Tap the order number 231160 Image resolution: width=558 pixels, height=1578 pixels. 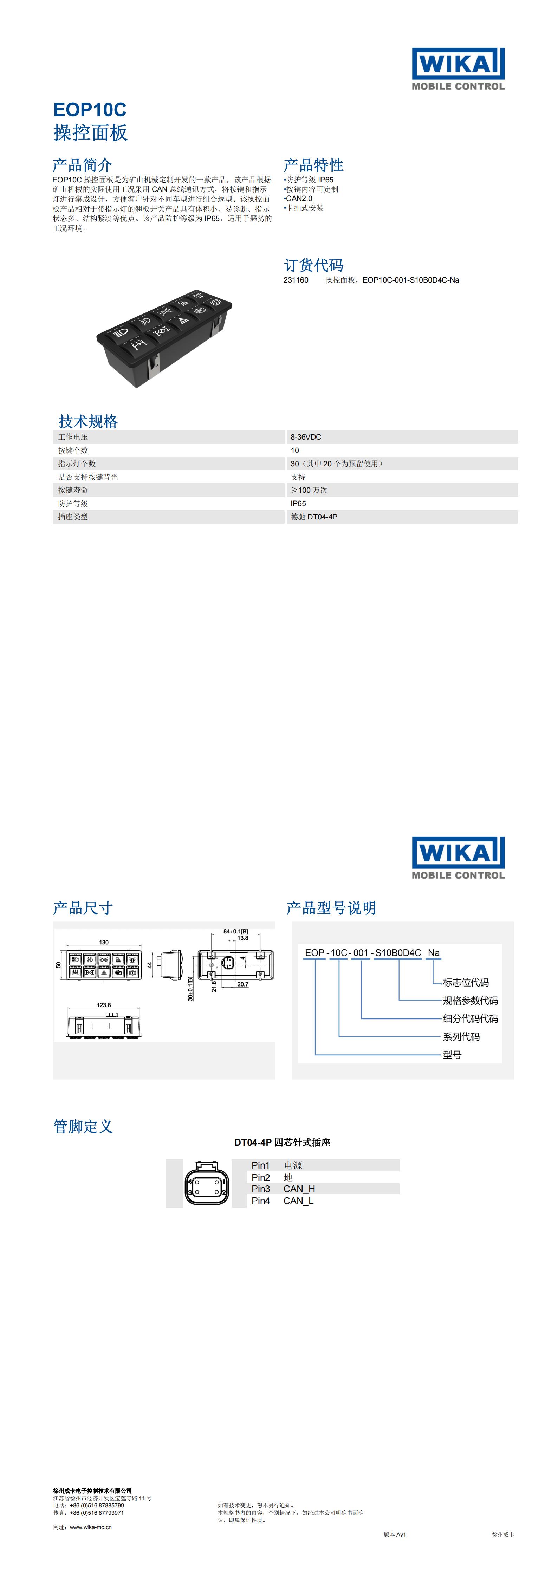pos(296,280)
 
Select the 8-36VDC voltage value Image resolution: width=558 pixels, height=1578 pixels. pos(306,437)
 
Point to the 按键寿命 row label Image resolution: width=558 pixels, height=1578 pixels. pos(73,490)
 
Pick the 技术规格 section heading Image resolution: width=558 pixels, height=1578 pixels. pos(88,421)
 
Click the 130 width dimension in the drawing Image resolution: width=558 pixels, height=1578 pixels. pos(104,943)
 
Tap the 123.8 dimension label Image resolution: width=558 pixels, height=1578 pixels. pos(104,1005)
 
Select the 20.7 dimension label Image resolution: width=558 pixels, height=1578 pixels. pos(242,984)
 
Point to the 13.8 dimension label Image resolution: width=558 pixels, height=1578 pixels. pos(242,938)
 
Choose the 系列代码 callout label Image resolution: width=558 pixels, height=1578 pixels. pos(461,1036)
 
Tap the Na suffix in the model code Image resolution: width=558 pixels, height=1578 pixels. pos(434,952)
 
